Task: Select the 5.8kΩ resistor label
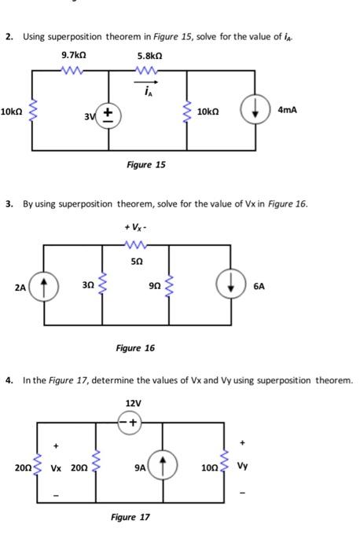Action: coord(149,56)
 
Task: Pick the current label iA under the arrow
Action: coord(148,89)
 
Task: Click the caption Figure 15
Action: coord(146,165)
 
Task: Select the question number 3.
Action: coord(9,204)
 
